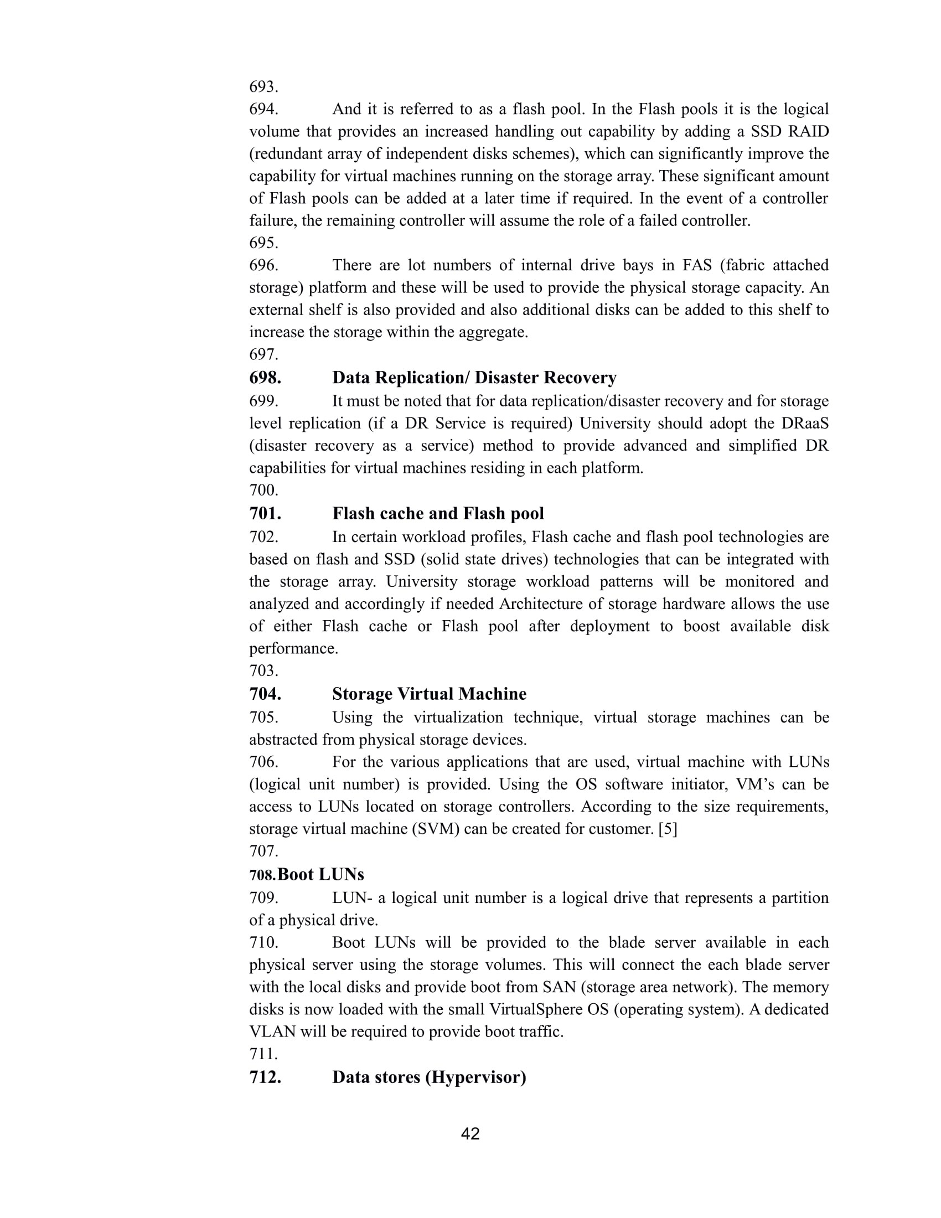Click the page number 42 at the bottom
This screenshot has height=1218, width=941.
click(x=471, y=1134)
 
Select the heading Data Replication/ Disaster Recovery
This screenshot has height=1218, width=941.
click(x=474, y=378)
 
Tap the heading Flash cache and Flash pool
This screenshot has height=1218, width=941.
click(x=438, y=514)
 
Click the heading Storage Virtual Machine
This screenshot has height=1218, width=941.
click(x=429, y=694)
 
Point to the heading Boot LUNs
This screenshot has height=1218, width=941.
click(x=320, y=874)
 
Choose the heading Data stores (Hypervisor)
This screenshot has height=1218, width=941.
click(x=429, y=1077)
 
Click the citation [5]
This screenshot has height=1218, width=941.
click(x=668, y=829)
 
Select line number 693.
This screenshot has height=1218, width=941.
click(x=263, y=87)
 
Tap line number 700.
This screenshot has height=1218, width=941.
click(x=263, y=490)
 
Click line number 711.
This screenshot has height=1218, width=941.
click(x=263, y=1054)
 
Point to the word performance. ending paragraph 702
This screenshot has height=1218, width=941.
click(x=294, y=649)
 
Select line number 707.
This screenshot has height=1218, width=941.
click(x=263, y=851)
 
